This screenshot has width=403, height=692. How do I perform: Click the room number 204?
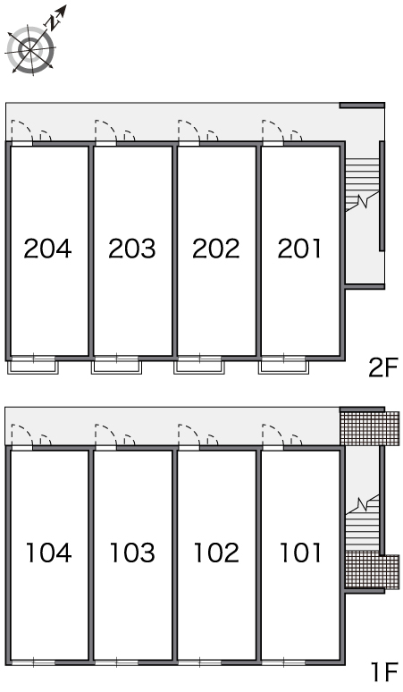[x=47, y=248]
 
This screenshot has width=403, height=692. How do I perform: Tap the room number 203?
[x=132, y=248]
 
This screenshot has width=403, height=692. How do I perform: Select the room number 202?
[x=216, y=248]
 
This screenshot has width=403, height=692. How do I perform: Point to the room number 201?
[x=299, y=248]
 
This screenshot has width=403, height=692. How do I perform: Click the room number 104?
[x=48, y=553]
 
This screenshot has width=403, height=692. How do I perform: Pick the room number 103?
[x=132, y=553]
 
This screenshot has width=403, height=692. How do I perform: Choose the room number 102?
[x=216, y=553]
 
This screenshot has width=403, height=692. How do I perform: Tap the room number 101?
[x=300, y=553]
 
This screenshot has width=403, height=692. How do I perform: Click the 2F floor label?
[x=383, y=367]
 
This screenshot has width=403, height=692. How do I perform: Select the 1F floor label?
[x=385, y=672]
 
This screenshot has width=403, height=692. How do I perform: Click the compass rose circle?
[x=31, y=48]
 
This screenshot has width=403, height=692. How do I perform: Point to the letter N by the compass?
[x=55, y=22]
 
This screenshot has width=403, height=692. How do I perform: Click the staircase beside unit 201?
[x=362, y=184]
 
